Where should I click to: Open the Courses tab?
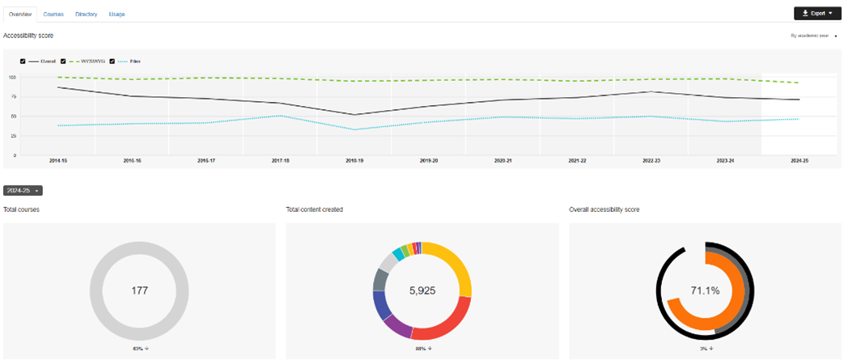pos(53,14)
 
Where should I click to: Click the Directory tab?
pos(86,14)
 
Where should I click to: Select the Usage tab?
pos(117,14)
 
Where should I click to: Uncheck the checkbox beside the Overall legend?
pos(23,61)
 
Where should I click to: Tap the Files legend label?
pos(134,61)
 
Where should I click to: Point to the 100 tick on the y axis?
pos(12,77)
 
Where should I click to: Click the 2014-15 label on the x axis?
pos(57,161)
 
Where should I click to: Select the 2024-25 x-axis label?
pos(799,161)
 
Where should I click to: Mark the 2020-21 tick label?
pos(503,161)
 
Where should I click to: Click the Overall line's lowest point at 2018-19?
pos(354,114)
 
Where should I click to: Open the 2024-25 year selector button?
pos(23,190)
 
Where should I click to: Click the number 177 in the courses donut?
pos(139,290)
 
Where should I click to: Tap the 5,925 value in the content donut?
pos(422,290)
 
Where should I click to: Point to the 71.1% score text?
pos(705,290)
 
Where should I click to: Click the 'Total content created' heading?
pos(314,210)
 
